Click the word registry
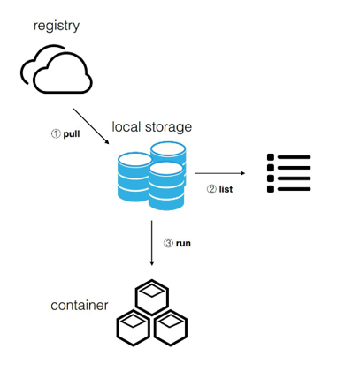pyautogui.click(x=57, y=27)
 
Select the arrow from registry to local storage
pyautogui.click(x=91, y=126)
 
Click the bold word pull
pyautogui.click(x=72, y=134)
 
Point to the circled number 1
pyautogui.click(x=56, y=133)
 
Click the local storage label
pyautogui.click(x=152, y=127)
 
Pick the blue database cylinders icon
pyautogui.click(x=152, y=176)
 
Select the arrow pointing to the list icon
pyautogui.click(x=219, y=173)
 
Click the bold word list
pyautogui.click(x=226, y=189)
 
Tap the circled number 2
pyautogui.click(x=211, y=189)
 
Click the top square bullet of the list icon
pyautogui.click(x=271, y=157)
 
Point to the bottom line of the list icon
pyautogui.click(x=294, y=189)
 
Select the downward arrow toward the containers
pyautogui.click(x=152, y=243)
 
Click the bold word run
pyautogui.click(x=183, y=244)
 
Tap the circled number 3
pyautogui.click(x=168, y=243)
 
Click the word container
pyautogui.click(x=80, y=306)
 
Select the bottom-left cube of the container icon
pyautogui.click(x=134, y=328)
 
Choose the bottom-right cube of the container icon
pyautogui.click(x=171, y=328)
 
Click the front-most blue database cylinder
pyautogui.click(x=166, y=186)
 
